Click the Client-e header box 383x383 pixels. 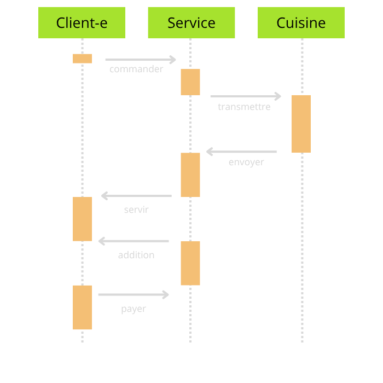pyautogui.click(x=82, y=22)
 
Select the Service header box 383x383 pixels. pyautogui.click(x=191, y=22)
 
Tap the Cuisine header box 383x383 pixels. pyautogui.click(x=301, y=22)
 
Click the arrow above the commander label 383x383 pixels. pyautogui.click(x=141, y=60)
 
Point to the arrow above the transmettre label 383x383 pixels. pyautogui.click(x=246, y=96)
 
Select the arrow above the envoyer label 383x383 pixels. pyautogui.click(x=241, y=152)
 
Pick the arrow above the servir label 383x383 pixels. pyautogui.click(x=136, y=196)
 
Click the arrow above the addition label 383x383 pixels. pyautogui.click(x=134, y=241)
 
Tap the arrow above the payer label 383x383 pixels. pyautogui.click(x=134, y=295)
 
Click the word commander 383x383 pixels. pyautogui.click(x=136, y=69)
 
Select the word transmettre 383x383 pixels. pyautogui.click(x=244, y=107)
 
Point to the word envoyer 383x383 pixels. pyautogui.click(x=246, y=163)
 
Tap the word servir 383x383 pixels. pyautogui.click(x=136, y=210)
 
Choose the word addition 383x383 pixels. pyautogui.click(x=136, y=255)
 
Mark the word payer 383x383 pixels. pyautogui.click(x=134, y=309)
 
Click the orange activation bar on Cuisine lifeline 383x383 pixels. pyautogui.click(x=301, y=124)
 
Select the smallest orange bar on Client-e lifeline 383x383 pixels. pyautogui.click(x=82, y=59)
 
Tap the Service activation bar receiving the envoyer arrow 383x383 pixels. pyautogui.click(x=190, y=175)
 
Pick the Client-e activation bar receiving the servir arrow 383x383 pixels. pyautogui.click(x=82, y=219)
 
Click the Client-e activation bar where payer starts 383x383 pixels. pyautogui.click(x=82, y=307)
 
